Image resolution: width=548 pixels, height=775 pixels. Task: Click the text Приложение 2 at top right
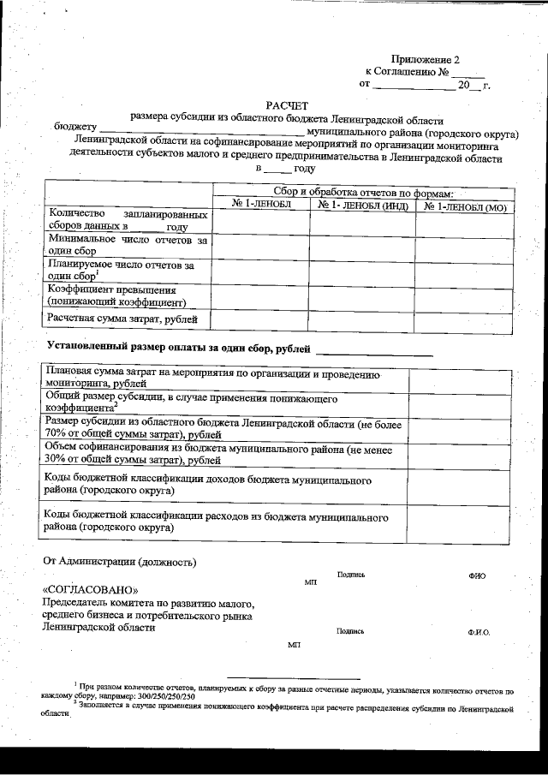click(425, 59)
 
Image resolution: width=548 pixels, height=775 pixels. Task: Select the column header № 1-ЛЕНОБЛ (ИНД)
click(362, 206)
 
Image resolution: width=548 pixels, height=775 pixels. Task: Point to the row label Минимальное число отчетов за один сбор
click(128, 247)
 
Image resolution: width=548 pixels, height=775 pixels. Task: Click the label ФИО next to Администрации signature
click(477, 576)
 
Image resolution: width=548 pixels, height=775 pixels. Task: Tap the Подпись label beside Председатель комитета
click(350, 631)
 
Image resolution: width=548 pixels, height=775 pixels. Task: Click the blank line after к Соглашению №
click(469, 72)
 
